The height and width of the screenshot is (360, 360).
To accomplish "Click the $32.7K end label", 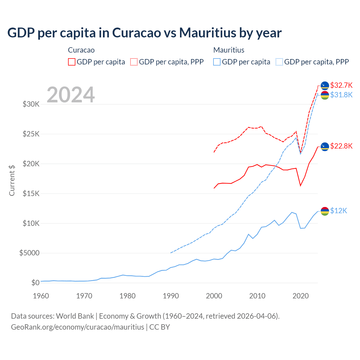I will pos(341,85).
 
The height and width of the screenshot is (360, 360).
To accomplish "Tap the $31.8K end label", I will pos(341,95).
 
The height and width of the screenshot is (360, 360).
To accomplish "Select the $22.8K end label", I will pos(341,146).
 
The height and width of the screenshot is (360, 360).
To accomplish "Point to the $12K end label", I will pos(339,211).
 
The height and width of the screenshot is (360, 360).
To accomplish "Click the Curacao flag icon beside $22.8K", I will pos(325,147).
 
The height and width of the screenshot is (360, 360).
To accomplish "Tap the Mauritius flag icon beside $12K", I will pos(325,211).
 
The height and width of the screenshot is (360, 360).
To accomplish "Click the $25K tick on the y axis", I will pos(31,134).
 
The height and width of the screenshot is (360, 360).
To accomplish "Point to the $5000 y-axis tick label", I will pos(29,253).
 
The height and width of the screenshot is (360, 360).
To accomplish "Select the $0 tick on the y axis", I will pos(35,283).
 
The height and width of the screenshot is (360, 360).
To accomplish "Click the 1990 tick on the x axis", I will pos(171,296).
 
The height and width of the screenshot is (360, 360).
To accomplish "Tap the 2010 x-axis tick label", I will pos(257,296).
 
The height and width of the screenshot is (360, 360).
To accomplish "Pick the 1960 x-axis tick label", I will pos(41,296).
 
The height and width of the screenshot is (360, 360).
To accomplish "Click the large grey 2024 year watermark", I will pos(71,95).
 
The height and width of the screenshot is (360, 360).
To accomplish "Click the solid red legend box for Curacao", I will pos(72,62).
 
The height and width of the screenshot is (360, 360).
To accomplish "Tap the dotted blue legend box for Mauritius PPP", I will pos(279,62).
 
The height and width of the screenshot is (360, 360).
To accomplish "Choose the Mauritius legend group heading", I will pos(229,50).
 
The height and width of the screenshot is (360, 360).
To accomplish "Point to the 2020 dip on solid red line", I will pos(300,186).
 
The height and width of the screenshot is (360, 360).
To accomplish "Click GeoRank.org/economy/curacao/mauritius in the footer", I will pos(77,327).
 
